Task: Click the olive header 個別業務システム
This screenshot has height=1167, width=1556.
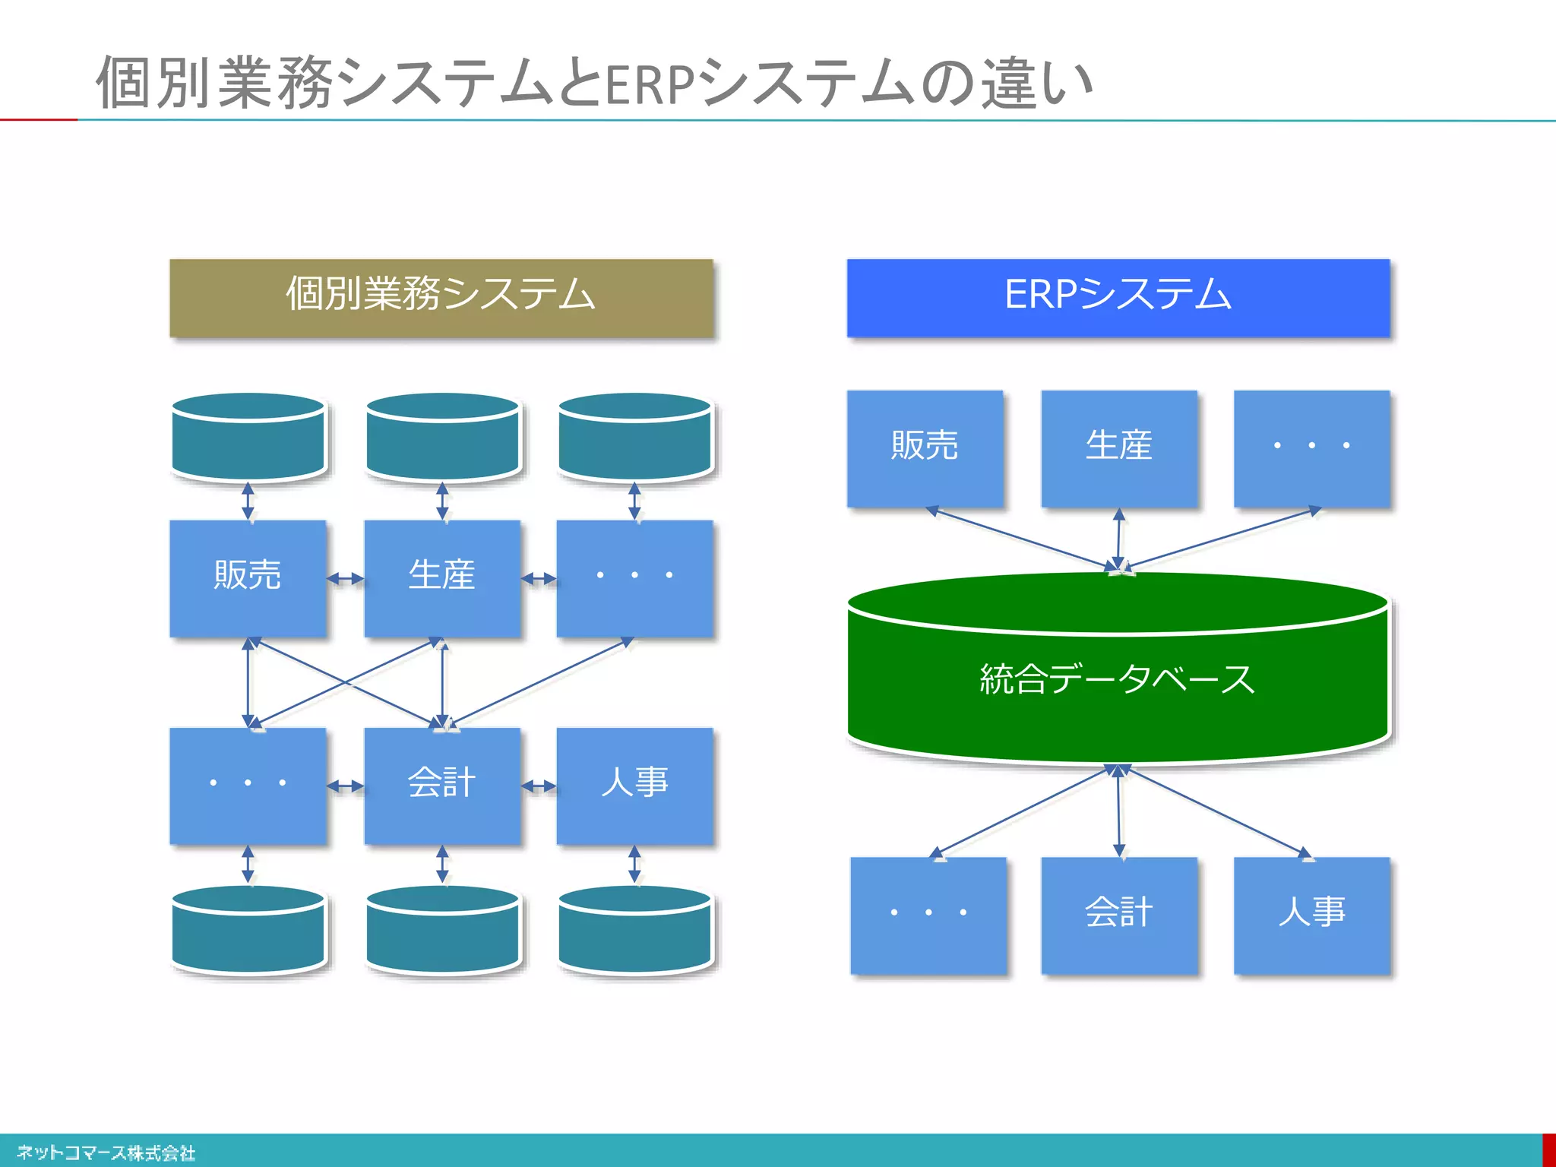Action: [x=441, y=298]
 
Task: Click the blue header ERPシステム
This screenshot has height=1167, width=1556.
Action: [x=1118, y=298]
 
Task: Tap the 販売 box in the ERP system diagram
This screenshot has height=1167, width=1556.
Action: [x=925, y=448]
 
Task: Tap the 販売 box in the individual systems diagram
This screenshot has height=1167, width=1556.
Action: [x=248, y=578]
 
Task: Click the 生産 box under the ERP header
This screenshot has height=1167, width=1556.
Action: [x=1118, y=448]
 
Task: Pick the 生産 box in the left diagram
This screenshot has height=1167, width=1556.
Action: [x=442, y=578]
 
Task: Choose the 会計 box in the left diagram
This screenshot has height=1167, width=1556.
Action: [x=442, y=786]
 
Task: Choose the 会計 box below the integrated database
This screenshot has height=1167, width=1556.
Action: [x=1118, y=915]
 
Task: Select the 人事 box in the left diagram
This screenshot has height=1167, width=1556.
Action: [x=634, y=786]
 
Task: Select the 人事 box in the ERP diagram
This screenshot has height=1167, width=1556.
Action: [x=1311, y=915]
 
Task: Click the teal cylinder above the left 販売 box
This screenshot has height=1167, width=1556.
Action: [x=248, y=438]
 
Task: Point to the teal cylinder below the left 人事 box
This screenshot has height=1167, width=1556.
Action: [x=634, y=931]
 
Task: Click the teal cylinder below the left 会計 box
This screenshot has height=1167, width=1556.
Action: [x=442, y=931]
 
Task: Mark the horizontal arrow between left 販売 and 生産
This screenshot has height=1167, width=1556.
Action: [x=345, y=579]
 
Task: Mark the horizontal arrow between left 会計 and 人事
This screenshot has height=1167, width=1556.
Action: [x=539, y=786]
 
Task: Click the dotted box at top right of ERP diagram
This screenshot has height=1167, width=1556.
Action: [x=1311, y=448]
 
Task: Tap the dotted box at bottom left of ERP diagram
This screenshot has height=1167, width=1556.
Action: [x=928, y=915]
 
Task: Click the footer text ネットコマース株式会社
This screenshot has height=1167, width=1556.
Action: [x=106, y=1153]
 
